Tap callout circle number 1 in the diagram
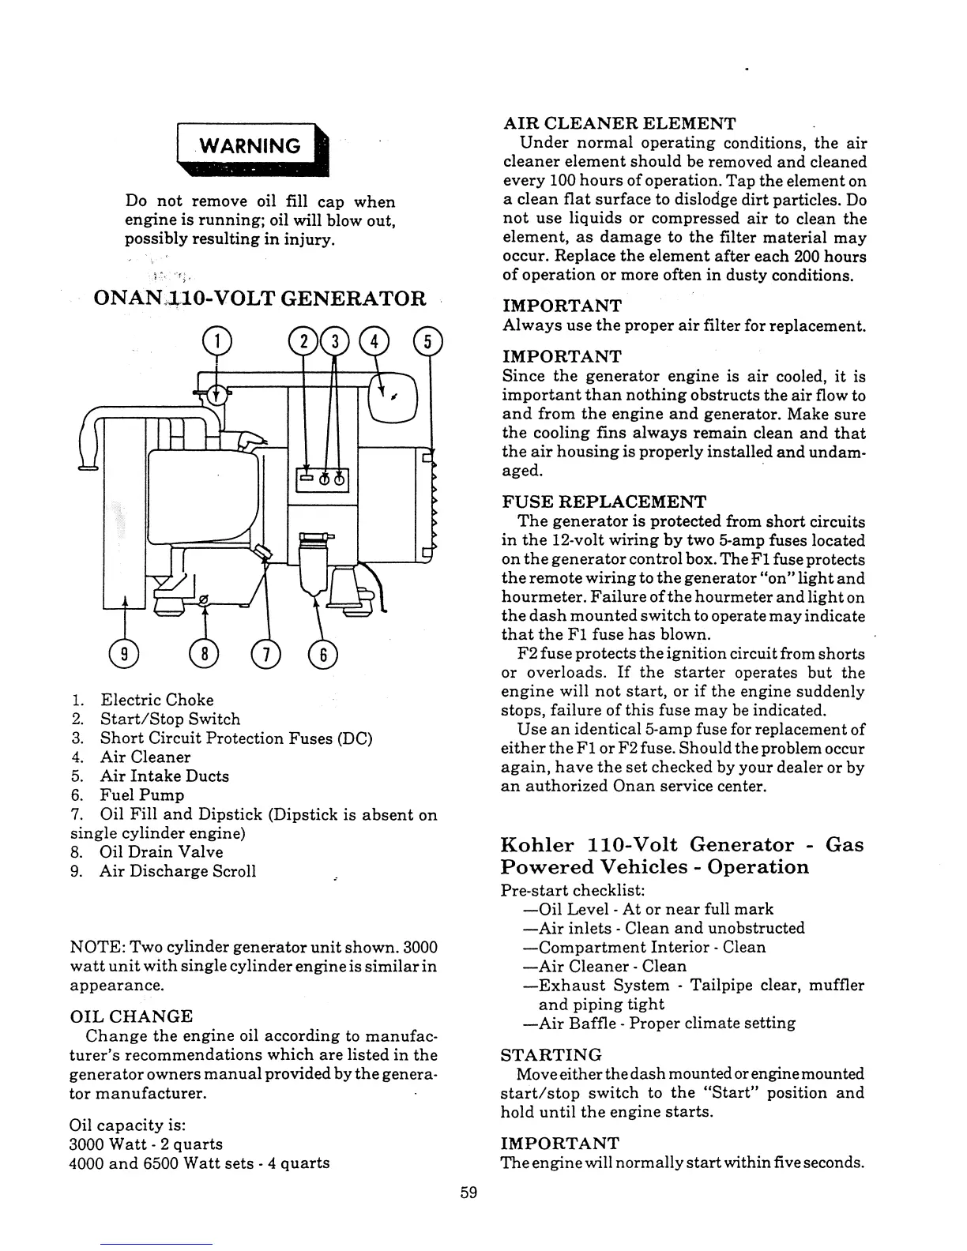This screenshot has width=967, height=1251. pos(216,340)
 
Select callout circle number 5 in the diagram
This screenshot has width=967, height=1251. pos(427,341)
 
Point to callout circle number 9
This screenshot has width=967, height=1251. pos(124,653)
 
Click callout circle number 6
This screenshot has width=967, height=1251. pos(323,653)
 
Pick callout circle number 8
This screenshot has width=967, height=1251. pos(204,653)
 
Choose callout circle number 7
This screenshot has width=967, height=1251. pos(265,653)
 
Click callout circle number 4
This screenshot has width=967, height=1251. pos(374,341)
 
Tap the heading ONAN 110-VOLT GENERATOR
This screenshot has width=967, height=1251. pos(259,299)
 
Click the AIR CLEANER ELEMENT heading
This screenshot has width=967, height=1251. pos(619,124)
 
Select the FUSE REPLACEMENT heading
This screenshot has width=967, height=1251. pos(604,502)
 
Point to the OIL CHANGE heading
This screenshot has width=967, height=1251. pos(131,1016)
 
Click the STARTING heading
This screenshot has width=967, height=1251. pos(551,1055)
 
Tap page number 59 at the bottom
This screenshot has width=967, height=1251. pos(469,1193)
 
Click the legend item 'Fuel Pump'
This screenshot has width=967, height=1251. pos(141,795)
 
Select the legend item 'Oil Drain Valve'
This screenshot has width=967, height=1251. pos(161,852)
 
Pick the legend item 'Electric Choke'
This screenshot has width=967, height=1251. pos(156,700)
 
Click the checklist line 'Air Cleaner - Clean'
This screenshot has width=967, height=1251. pos(611,966)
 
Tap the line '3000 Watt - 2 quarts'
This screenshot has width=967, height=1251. pos(146,1144)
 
